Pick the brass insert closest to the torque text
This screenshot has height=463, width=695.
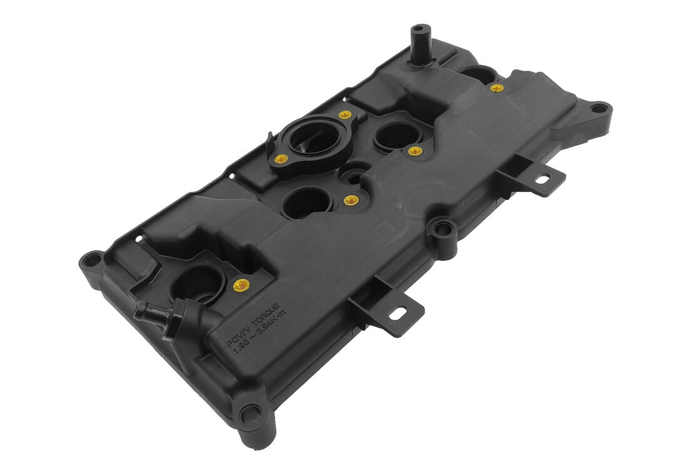[x=242, y=285]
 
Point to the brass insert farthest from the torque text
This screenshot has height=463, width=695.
[x=497, y=88]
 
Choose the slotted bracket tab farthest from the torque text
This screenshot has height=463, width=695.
[x=542, y=178]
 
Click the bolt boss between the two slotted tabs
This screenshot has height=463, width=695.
[x=443, y=230]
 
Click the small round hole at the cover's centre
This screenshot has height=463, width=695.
[x=354, y=178]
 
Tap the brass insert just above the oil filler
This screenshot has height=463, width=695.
[x=344, y=115]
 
